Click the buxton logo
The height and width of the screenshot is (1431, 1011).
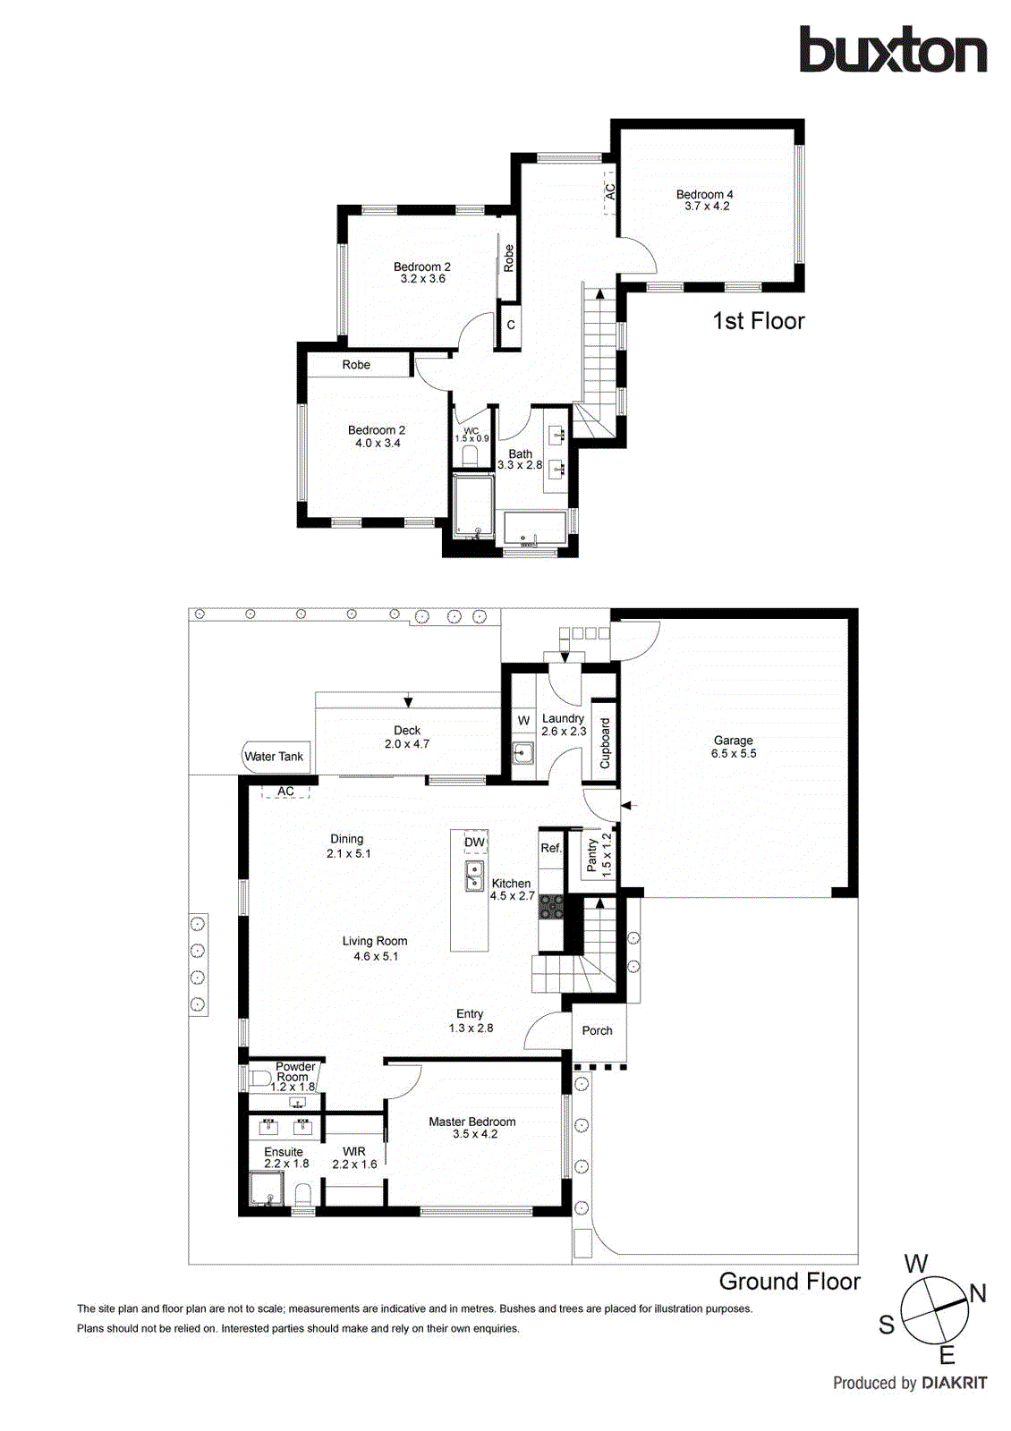coord(893,50)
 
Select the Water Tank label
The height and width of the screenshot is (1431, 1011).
coord(274,757)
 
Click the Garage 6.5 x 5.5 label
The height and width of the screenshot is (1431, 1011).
coord(734,747)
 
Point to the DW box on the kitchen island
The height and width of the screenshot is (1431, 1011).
coord(474,843)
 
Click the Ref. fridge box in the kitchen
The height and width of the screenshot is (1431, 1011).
coord(551,848)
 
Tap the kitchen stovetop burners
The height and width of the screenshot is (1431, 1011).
coord(551,907)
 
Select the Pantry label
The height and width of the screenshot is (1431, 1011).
coord(591,855)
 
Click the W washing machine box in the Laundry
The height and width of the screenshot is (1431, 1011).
coord(523,721)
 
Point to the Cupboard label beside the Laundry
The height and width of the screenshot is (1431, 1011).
coord(605,743)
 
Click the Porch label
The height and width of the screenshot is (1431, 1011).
coord(598,1030)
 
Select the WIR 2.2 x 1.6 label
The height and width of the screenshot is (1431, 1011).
coord(354,1158)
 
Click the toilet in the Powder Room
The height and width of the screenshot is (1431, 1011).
coord(259,1078)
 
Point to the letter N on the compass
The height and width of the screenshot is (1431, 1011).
coord(978,1293)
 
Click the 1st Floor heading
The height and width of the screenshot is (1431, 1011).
coord(759,321)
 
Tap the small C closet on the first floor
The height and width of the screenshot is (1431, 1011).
coord(511,326)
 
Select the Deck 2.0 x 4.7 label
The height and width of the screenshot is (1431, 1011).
coord(407,737)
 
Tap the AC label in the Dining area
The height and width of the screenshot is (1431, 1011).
coord(285,792)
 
